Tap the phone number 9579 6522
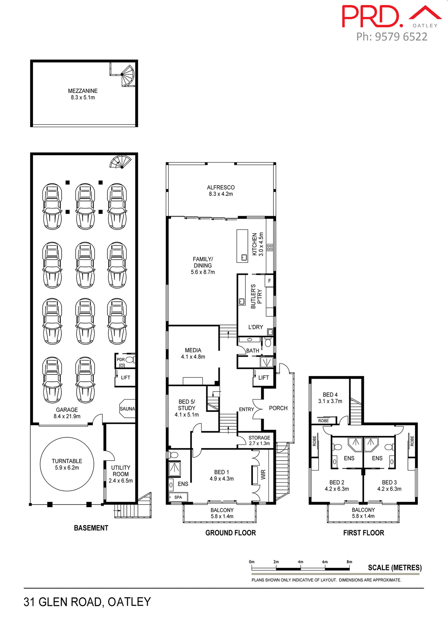401,37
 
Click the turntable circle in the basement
67,464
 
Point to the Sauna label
127,409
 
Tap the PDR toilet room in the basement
125,361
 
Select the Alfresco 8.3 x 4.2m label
221,191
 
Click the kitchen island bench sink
244,257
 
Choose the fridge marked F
269,281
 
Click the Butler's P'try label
256,296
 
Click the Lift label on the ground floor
263,377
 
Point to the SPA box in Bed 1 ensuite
178,497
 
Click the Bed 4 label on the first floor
330,395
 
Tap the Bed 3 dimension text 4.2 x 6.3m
389,489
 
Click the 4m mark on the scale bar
300,562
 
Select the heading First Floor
363,533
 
